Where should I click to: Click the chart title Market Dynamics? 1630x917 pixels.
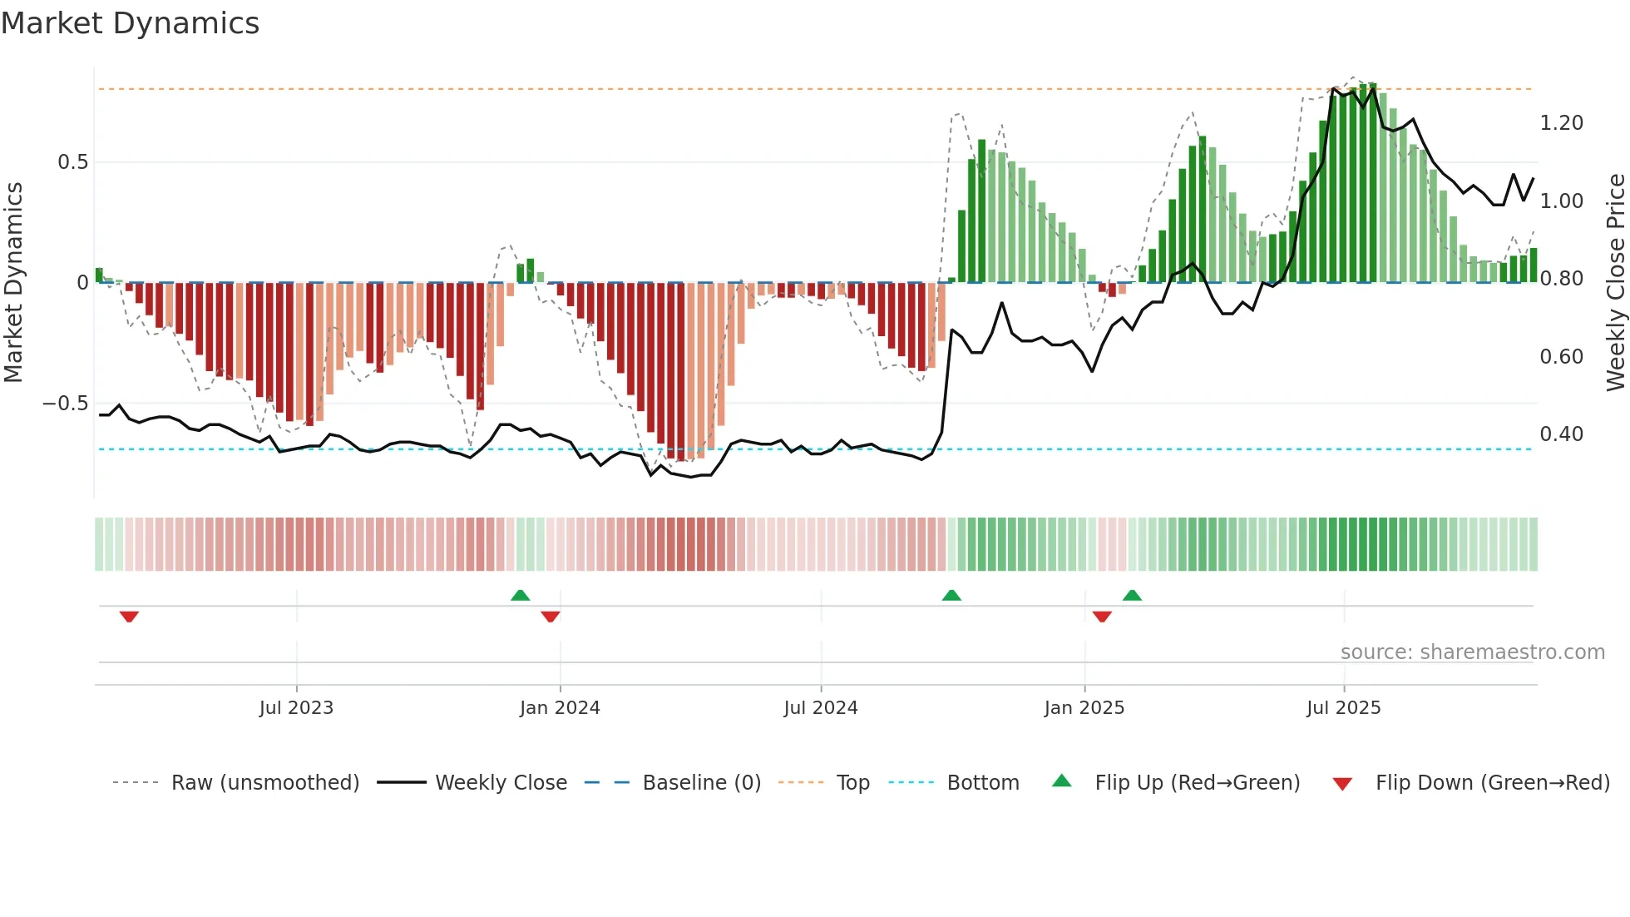click(x=131, y=23)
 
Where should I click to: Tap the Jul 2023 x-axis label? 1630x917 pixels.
click(x=296, y=708)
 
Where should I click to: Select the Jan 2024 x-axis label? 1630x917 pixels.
click(x=560, y=708)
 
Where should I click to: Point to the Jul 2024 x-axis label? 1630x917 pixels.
click(x=821, y=708)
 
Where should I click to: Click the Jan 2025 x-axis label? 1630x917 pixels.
click(x=1084, y=708)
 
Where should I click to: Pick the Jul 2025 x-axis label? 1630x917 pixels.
click(x=1344, y=708)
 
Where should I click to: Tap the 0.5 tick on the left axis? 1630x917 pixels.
click(x=73, y=162)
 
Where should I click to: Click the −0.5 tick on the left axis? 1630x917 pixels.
click(x=66, y=404)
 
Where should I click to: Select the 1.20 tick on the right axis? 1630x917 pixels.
click(x=1561, y=123)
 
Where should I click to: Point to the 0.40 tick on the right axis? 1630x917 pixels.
click(x=1561, y=434)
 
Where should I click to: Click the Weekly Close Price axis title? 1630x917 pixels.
click(x=1615, y=282)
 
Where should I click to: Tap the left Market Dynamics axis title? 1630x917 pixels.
click(x=13, y=282)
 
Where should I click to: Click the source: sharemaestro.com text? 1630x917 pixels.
click(x=1472, y=652)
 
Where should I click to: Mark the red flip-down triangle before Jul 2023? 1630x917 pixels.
click(x=129, y=617)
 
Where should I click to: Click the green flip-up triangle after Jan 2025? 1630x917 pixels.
click(x=1132, y=595)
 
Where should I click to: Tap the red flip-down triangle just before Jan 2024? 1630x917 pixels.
click(x=551, y=617)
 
